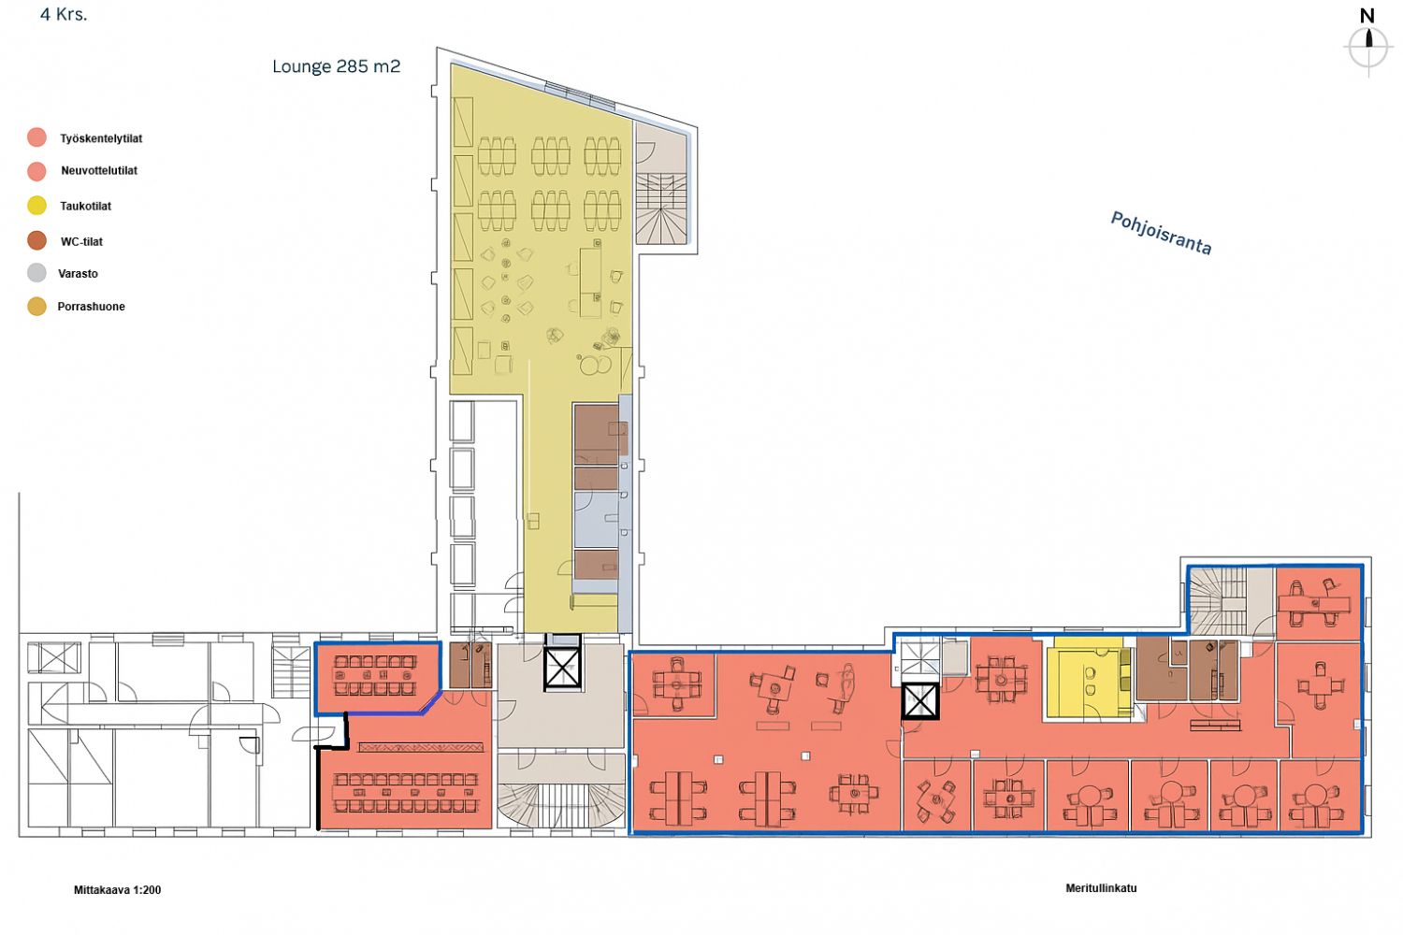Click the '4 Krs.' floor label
[64, 14]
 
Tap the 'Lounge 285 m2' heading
[337, 66]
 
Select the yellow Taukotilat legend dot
[37, 206]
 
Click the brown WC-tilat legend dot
[37, 240]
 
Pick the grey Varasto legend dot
[37, 273]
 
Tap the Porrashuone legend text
[92, 307]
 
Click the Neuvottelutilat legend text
[99, 170]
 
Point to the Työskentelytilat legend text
[101, 138]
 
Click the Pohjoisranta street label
[1161, 233]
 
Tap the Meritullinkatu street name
[1101, 888]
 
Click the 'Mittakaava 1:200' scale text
[117, 890]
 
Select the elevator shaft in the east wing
[919, 700]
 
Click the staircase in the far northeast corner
[1218, 601]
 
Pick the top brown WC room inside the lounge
[597, 434]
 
